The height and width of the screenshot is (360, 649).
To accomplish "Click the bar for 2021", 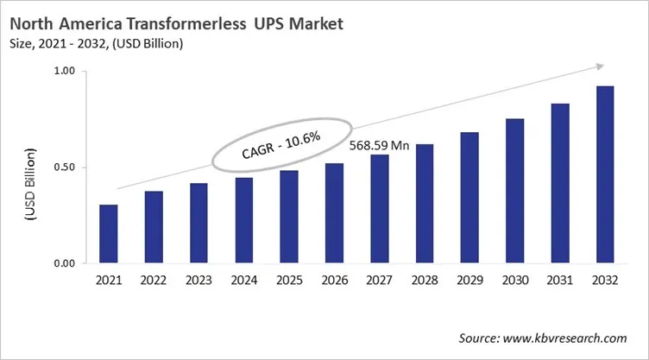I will click(x=109, y=234).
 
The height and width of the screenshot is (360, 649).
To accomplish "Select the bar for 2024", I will click(x=243, y=220).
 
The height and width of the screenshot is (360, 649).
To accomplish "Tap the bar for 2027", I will click(x=379, y=209).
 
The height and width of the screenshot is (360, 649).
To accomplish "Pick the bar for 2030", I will click(x=514, y=191).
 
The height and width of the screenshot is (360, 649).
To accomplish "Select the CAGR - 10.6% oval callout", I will click(x=268, y=142).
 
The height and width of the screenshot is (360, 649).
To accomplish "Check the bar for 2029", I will click(x=469, y=198).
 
